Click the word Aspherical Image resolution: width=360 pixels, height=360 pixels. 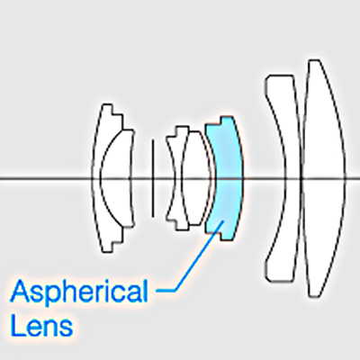pyautogui.click(x=79, y=291)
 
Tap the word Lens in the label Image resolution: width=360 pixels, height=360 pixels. pyautogui.click(x=41, y=325)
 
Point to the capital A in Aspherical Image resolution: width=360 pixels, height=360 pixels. pyautogui.click(x=21, y=291)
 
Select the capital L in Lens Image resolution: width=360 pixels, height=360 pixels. pyautogui.click(x=17, y=325)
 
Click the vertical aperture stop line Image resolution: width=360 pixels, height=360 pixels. pyautogui.click(x=153, y=178)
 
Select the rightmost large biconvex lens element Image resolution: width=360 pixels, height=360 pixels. pyautogui.click(x=323, y=178)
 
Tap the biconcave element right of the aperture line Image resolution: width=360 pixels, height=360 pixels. pyautogui.click(x=177, y=178)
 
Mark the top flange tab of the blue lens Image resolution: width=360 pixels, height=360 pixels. pyautogui.click(x=227, y=120)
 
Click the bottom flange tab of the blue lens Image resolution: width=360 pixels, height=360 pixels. pyautogui.click(x=227, y=237)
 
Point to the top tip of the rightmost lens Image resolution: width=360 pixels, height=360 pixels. pyautogui.click(x=314, y=60)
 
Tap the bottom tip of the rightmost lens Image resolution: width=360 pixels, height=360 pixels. pyautogui.click(x=314, y=296)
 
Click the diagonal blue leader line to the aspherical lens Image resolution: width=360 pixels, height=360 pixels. pyautogui.click(x=200, y=255)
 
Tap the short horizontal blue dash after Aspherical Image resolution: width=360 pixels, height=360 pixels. pyautogui.click(x=165, y=290)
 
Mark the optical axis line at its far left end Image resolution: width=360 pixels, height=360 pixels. pyautogui.click(x=1, y=178)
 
